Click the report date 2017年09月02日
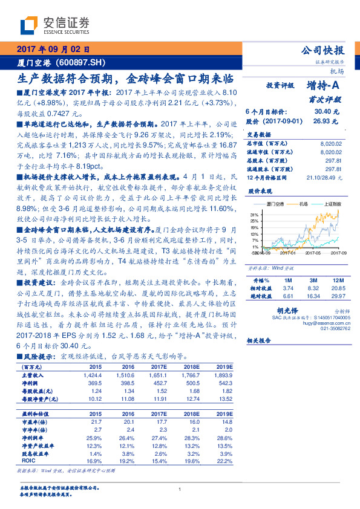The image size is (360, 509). click(53, 50)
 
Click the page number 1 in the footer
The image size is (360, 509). click(180, 490)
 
